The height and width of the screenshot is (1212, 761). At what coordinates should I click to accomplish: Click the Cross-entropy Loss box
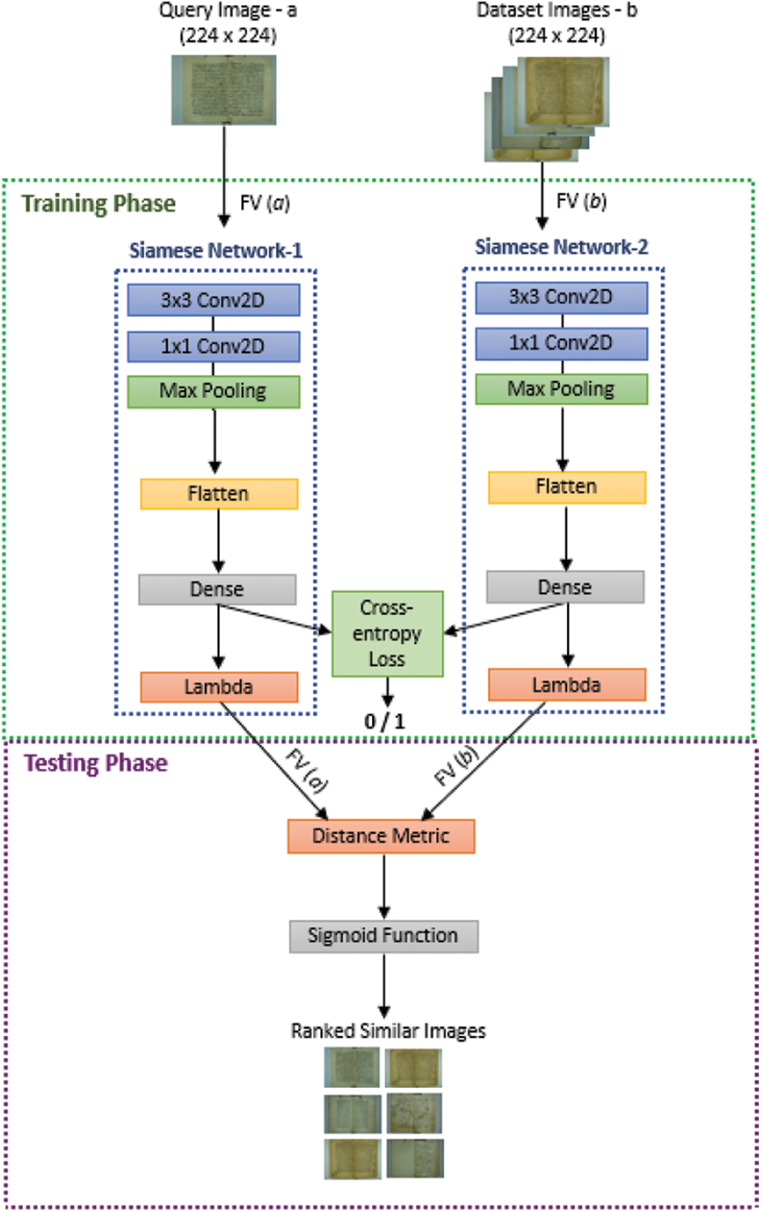pos(387,633)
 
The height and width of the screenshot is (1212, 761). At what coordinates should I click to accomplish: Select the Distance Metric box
pos(381,836)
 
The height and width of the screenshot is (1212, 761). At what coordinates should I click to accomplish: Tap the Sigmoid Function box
pos(383,936)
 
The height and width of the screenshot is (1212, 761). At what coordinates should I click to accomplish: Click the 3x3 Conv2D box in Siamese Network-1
pos(213,300)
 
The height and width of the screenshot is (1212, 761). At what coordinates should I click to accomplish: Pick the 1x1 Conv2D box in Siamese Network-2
pos(561,343)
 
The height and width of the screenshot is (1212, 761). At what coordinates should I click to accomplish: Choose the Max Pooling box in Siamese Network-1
pos(213,391)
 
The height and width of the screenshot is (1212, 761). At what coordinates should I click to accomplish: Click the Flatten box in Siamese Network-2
pos(567,487)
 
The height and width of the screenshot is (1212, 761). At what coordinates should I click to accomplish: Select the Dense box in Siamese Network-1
pos(217,590)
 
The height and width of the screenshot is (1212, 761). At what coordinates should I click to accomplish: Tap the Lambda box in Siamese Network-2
pos(567,685)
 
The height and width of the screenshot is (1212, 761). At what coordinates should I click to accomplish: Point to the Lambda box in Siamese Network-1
pos(219,687)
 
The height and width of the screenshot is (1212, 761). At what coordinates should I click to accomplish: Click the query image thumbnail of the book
pos(224,90)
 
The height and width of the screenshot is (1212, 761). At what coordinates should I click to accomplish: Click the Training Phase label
pos(98,204)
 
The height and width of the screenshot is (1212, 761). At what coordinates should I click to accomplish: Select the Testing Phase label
pos(96,763)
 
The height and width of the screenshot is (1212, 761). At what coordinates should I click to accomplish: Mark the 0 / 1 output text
pos(384,721)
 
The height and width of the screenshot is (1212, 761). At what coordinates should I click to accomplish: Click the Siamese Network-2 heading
pos(561,247)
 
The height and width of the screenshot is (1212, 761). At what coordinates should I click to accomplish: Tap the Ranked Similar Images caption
pos(388,1031)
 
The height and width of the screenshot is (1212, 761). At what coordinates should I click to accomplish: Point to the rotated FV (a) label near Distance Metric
pos(307,771)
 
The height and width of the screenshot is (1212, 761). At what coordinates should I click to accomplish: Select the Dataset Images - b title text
pos(556,11)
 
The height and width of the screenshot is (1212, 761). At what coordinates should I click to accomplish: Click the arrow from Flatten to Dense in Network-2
pos(566,537)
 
